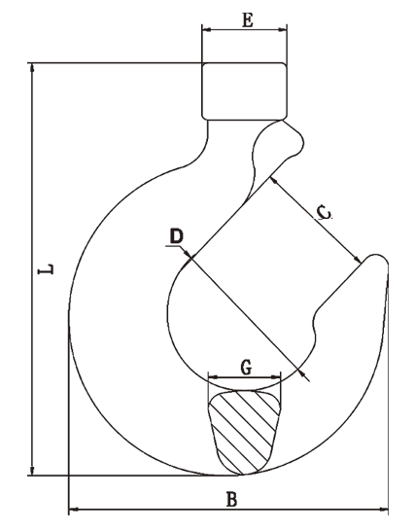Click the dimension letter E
(248, 20)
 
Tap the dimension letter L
(46, 268)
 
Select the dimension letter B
(231, 500)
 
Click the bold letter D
(176, 236)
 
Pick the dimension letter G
(247, 368)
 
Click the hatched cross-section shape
(245, 432)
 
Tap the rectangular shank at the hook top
(245, 91)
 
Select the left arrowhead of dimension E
(206, 30)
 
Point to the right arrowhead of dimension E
(283, 30)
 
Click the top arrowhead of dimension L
(32, 67)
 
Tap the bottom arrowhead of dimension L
(32, 471)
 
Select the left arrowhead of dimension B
(74, 510)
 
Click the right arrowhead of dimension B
(384, 510)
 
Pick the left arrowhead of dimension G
(213, 377)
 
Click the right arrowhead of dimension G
(277, 377)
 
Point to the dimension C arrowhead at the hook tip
(358, 260)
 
